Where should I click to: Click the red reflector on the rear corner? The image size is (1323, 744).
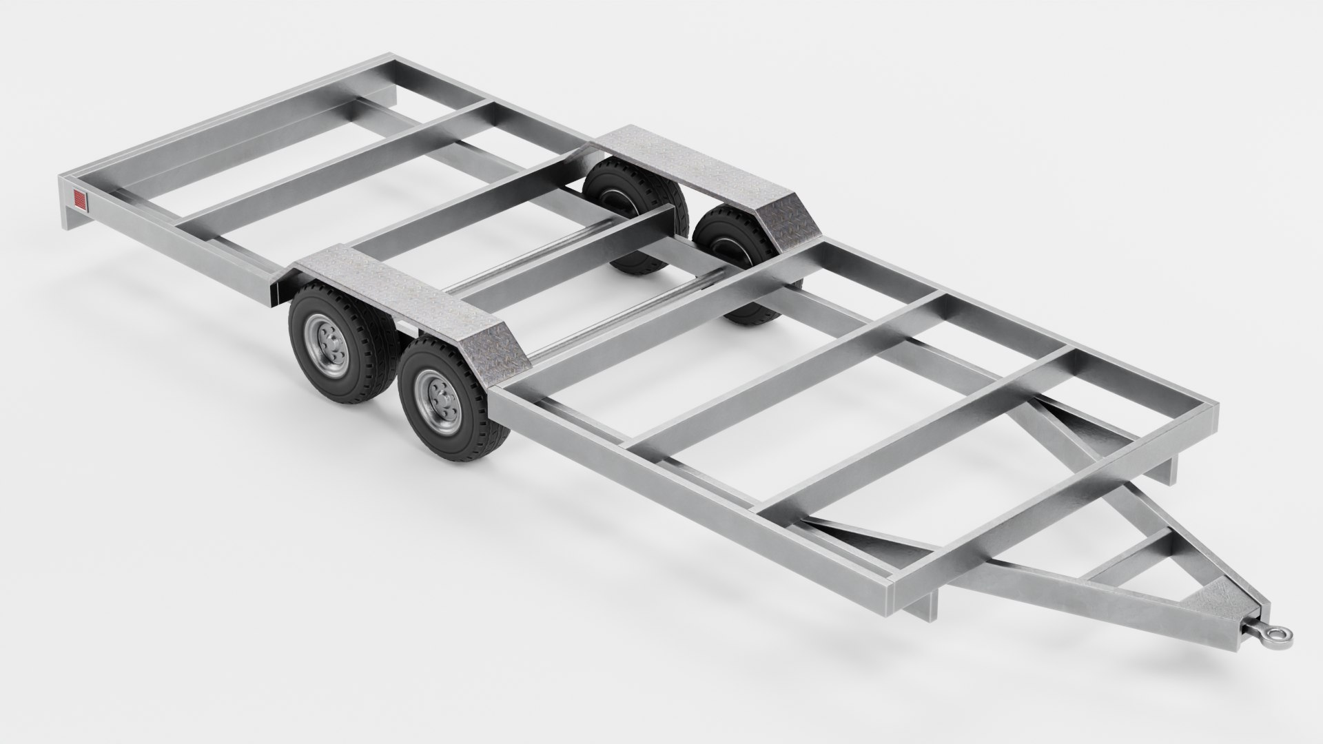[80, 200]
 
